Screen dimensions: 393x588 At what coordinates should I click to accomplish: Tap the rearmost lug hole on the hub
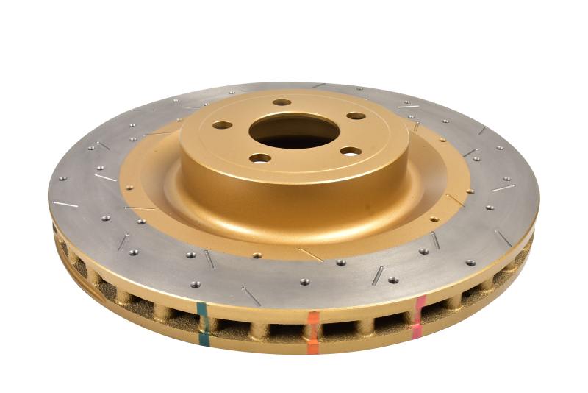pos(282,102)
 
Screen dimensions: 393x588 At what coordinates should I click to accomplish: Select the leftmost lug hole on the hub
pos(223,125)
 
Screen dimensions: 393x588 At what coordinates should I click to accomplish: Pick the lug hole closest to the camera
pos(259,157)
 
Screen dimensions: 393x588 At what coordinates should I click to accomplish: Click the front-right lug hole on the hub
pos(351,151)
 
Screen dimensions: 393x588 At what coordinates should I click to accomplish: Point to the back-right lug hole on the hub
pos(356,116)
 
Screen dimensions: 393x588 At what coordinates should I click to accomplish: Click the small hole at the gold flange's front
pos(257,255)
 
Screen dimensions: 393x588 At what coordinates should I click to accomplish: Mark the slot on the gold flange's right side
pos(455,199)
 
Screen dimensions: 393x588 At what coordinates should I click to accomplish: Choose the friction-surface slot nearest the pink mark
pos(435,241)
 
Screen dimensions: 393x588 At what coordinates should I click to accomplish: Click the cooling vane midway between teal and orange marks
pos(257,329)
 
